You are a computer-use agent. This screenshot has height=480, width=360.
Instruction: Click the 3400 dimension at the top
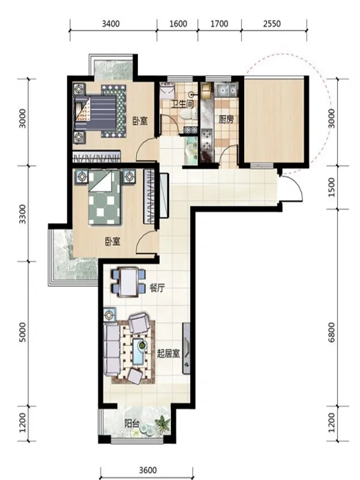[111, 23]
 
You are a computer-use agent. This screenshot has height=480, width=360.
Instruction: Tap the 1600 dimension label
[178, 23]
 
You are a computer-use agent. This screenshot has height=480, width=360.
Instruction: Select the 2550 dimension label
[272, 23]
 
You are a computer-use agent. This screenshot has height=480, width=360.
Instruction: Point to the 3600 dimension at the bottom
[148, 470]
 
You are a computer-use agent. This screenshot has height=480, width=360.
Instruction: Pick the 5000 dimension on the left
[23, 332]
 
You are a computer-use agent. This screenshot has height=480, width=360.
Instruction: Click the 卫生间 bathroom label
[182, 104]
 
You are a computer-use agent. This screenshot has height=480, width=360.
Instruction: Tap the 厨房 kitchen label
[226, 119]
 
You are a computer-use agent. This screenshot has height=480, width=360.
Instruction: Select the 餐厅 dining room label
[157, 288]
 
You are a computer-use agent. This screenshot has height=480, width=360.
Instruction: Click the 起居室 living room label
[168, 354]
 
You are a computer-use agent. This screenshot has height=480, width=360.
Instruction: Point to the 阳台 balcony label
[132, 424]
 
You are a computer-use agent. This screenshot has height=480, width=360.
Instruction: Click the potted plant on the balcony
[163, 425]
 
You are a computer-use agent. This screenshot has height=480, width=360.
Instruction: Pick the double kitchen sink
[226, 89]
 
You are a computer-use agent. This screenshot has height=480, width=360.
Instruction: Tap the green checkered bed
[104, 198]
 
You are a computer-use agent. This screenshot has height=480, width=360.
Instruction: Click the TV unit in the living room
[186, 349]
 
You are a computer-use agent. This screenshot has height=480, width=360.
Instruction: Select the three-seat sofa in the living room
[112, 349]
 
